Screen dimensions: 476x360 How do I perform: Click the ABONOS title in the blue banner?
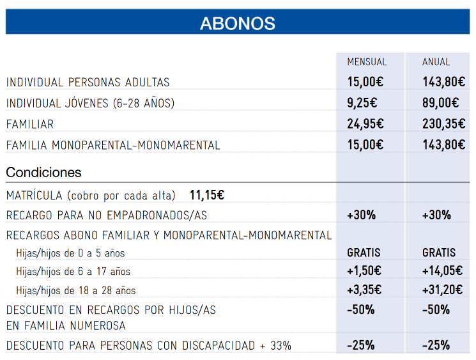[238, 24]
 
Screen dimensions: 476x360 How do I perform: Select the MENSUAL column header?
[367, 62]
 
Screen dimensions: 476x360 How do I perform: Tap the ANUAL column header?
[436, 62]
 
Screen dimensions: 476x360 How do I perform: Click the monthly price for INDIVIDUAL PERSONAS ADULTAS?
[365, 82]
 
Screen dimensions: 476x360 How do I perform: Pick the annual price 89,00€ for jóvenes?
[440, 103]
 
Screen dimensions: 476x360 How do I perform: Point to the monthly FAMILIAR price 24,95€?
[365, 123]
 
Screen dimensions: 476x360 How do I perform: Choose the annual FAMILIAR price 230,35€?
[444, 123]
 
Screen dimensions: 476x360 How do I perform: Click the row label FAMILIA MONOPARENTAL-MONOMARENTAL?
[113, 145]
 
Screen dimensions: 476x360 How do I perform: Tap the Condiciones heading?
[43, 172]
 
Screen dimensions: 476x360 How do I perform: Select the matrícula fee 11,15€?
[207, 195]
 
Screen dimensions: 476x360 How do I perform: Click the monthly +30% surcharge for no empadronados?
[361, 215]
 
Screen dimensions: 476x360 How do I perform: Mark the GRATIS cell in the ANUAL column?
[439, 253]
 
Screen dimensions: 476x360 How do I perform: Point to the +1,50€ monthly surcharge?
[364, 270]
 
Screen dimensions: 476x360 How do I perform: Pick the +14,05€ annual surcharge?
[442, 270]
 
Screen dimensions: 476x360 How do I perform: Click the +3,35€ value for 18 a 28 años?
[364, 290]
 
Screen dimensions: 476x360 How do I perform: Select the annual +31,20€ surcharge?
[442, 290]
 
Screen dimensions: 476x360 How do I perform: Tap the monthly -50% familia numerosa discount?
[360, 309]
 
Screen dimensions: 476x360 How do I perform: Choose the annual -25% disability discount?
[436, 345]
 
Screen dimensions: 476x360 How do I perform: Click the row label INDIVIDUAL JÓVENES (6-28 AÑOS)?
[91, 104]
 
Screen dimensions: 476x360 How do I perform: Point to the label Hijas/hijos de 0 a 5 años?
[70, 253]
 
